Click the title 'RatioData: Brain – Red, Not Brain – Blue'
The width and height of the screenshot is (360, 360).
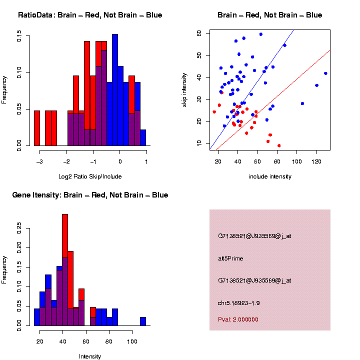coord(90,15)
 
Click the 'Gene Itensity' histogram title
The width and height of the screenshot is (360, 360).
coord(90,194)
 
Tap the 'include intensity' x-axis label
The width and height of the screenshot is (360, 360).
coord(270,176)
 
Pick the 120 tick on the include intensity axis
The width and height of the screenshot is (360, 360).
coord(316,161)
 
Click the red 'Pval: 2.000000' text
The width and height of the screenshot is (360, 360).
coord(238,319)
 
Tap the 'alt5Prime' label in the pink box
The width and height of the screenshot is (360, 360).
coord(230,258)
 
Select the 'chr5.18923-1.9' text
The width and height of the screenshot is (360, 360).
coord(238,303)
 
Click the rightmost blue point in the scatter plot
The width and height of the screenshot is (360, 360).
coord(325,73)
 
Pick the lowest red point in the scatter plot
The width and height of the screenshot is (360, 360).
coord(279,145)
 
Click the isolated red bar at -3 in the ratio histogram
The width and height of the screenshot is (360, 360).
coord(37,128)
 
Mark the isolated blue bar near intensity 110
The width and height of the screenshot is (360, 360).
coord(143,321)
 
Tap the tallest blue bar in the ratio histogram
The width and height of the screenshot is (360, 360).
coord(115,90)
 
